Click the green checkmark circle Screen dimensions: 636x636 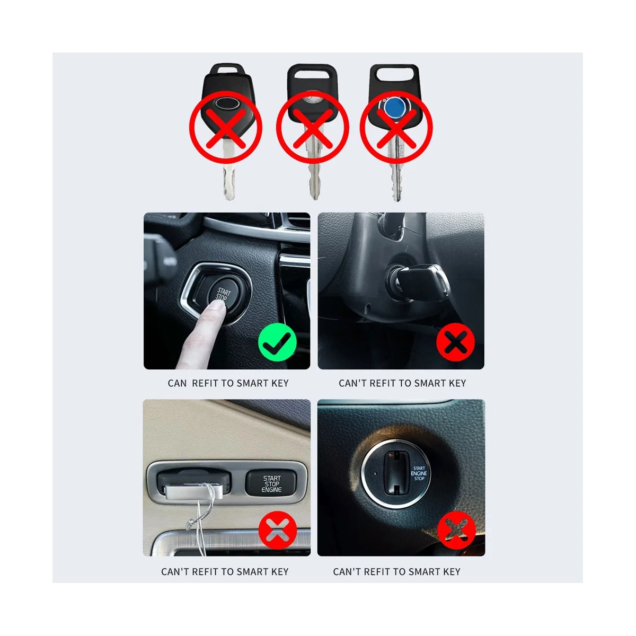click(x=277, y=343)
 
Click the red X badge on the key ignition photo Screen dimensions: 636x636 click(x=455, y=343)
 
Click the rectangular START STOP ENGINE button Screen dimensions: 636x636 click(x=271, y=483)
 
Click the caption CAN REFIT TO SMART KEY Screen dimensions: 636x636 click(x=228, y=383)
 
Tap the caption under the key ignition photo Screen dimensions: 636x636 click(x=402, y=383)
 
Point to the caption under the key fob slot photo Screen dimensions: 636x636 click(x=225, y=572)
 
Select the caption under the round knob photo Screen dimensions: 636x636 click(x=396, y=572)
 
